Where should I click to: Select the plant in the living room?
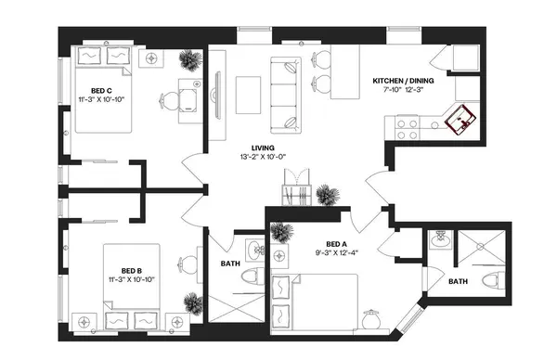326,194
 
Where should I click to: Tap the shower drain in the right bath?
479,247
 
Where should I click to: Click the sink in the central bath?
253,249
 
